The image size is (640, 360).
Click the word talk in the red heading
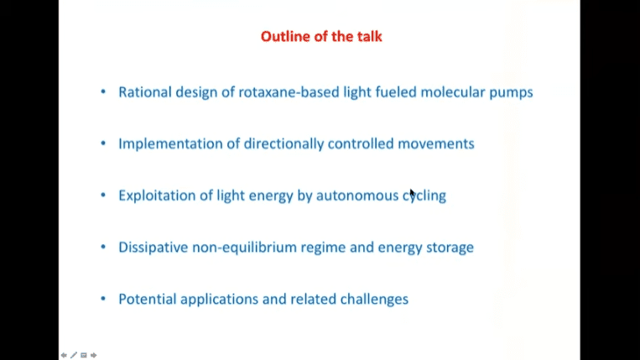370,36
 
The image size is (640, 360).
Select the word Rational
145,92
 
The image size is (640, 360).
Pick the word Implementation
170,144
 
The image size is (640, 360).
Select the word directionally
284,144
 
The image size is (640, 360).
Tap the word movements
436,143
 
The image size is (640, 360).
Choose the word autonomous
357,196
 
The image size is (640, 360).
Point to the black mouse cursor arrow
413,194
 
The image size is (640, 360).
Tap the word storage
450,248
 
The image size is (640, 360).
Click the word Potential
148,300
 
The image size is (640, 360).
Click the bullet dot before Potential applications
103,299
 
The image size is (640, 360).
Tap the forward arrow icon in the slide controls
93,355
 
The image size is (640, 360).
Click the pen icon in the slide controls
74,355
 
